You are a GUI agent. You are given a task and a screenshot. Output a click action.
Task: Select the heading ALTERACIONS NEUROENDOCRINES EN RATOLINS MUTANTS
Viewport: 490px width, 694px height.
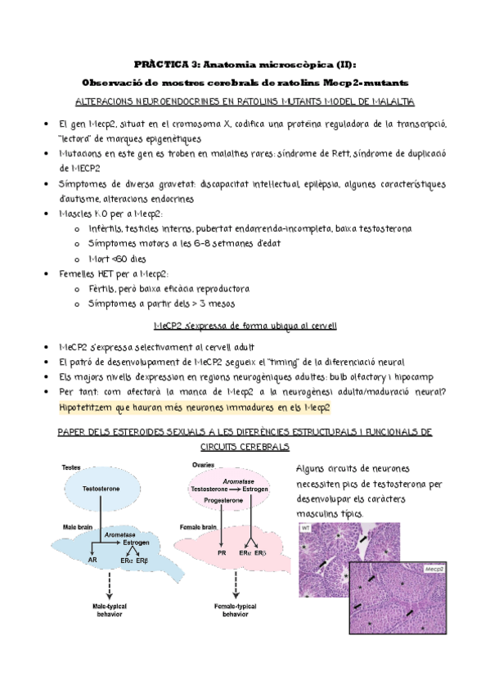(x=245, y=101)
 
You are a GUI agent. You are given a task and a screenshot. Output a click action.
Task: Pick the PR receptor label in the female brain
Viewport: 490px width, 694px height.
(x=221, y=554)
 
